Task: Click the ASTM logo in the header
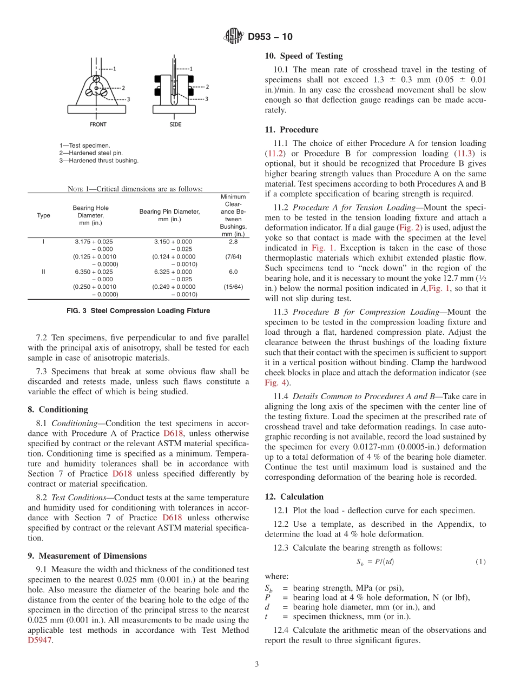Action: click(234, 37)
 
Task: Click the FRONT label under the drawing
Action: click(98, 124)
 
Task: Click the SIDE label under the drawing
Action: click(175, 124)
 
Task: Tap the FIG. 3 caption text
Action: click(139, 310)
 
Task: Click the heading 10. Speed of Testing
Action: click(304, 56)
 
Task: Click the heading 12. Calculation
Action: click(294, 497)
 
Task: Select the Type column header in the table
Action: click(43, 215)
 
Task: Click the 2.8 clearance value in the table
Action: click(233, 242)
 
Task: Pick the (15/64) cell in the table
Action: click(233, 287)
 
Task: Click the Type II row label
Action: click(43, 272)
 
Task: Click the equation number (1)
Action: click(480, 562)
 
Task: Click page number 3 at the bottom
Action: click(257, 664)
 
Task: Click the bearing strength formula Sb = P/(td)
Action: click(375, 562)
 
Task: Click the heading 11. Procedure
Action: click(292, 130)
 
